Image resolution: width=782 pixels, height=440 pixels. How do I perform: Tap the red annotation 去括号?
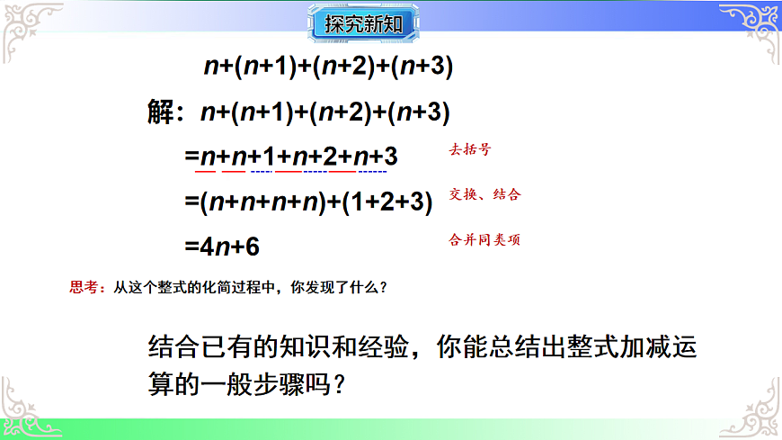pos(470,151)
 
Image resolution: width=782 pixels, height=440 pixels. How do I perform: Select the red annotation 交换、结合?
pos(485,194)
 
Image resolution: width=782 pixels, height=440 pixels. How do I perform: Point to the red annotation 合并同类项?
pos(485,240)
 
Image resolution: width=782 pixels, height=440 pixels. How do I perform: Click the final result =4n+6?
pos(223,246)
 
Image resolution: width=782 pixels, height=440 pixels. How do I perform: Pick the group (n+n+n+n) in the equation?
pos(262,202)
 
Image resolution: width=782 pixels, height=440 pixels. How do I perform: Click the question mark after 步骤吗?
pos(341,382)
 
